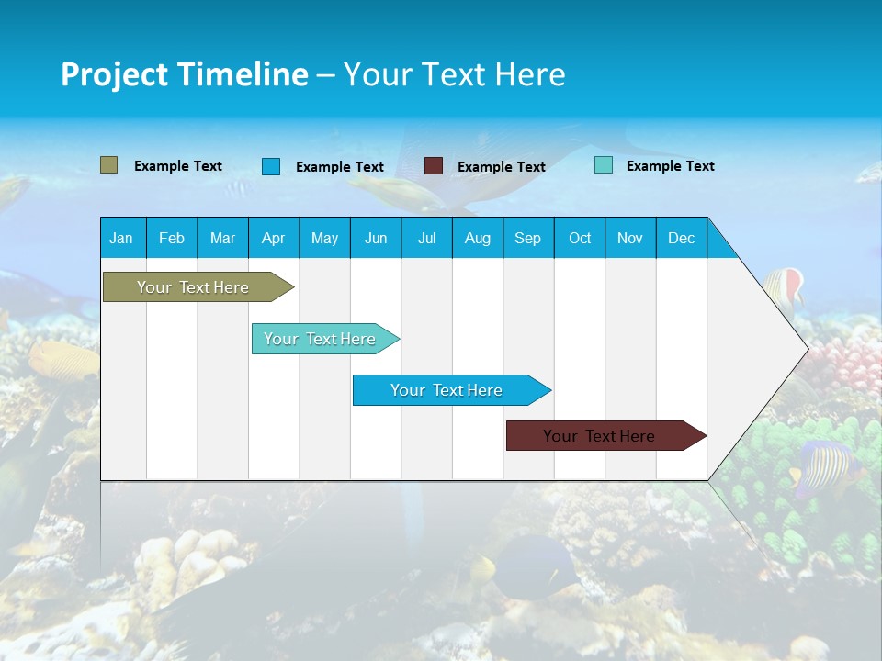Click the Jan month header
click(121, 238)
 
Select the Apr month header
click(274, 238)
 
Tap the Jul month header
click(426, 238)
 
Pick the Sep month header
click(527, 238)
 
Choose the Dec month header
click(681, 238)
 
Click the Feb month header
click(172, 238)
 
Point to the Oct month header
click(580, 238)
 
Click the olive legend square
click(108, 165)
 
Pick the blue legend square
click(270, 166)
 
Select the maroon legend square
click(434, 166)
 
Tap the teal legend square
click(603, 165)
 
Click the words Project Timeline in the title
click(184, 74)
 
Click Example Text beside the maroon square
click(501, 167)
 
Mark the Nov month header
click(630, 238)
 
